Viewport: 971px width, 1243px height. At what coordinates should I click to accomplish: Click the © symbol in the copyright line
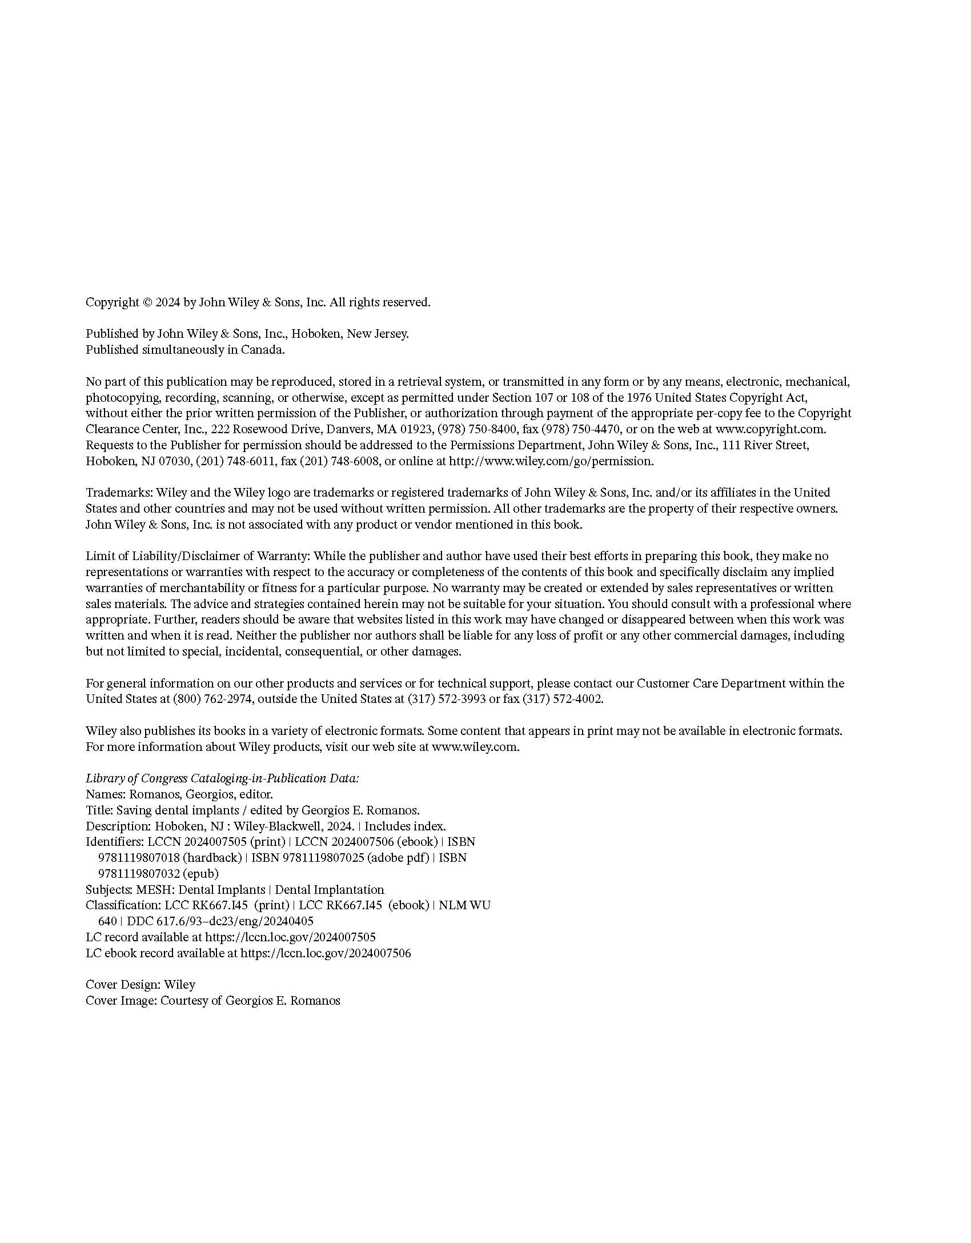(x=147, y=302)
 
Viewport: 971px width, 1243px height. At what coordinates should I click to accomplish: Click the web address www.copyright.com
(x=771, y=429)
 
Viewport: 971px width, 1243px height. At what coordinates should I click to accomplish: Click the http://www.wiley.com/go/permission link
(x=551, y=461)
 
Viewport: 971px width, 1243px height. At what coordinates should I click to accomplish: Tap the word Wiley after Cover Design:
(x=179, y=985)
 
